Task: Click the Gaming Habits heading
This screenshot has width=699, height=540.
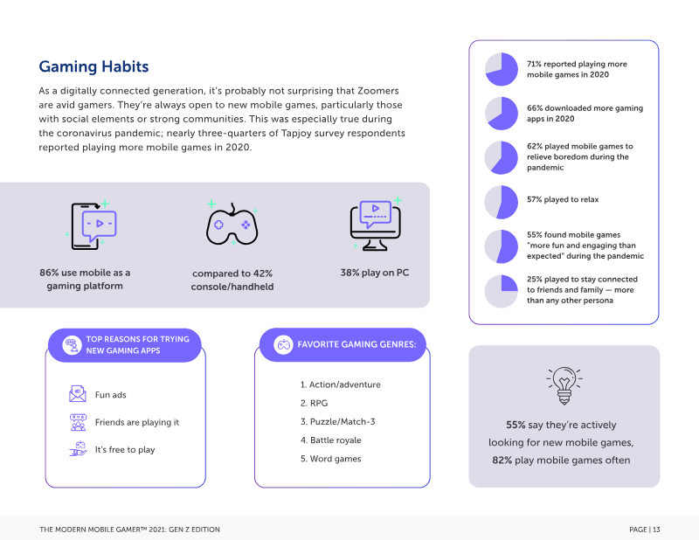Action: coord(93,66)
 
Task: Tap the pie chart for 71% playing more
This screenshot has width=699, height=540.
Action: coord(502,69)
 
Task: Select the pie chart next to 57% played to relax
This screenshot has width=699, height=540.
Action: coord(502,202)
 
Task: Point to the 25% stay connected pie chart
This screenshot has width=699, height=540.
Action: coord(502,291)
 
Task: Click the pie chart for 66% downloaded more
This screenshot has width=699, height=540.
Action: coord(502,114)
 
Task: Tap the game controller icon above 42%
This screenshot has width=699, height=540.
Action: coord(232,224)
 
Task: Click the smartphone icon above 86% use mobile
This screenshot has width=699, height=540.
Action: coord(92,225)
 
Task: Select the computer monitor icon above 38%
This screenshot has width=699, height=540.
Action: coord(376,225)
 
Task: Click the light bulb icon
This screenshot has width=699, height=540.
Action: coord(564,385)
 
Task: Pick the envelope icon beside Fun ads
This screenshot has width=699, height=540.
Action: coord(78,394)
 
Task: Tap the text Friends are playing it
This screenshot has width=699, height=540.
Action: coord(137,422)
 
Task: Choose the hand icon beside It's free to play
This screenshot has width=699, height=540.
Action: coord(79,448)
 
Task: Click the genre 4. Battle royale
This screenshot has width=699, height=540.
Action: coord(331,440)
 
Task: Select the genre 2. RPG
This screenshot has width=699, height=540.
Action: coord(314,403)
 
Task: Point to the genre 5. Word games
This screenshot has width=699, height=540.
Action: coord(331,459)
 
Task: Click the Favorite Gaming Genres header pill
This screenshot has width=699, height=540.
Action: coord(343,344)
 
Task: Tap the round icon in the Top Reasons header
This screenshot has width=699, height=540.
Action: coord(72,344)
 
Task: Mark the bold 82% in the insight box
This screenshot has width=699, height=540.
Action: coord(502,460)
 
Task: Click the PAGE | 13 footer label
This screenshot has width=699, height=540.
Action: coord(645,530)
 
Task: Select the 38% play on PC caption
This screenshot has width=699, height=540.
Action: coord(375,273)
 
